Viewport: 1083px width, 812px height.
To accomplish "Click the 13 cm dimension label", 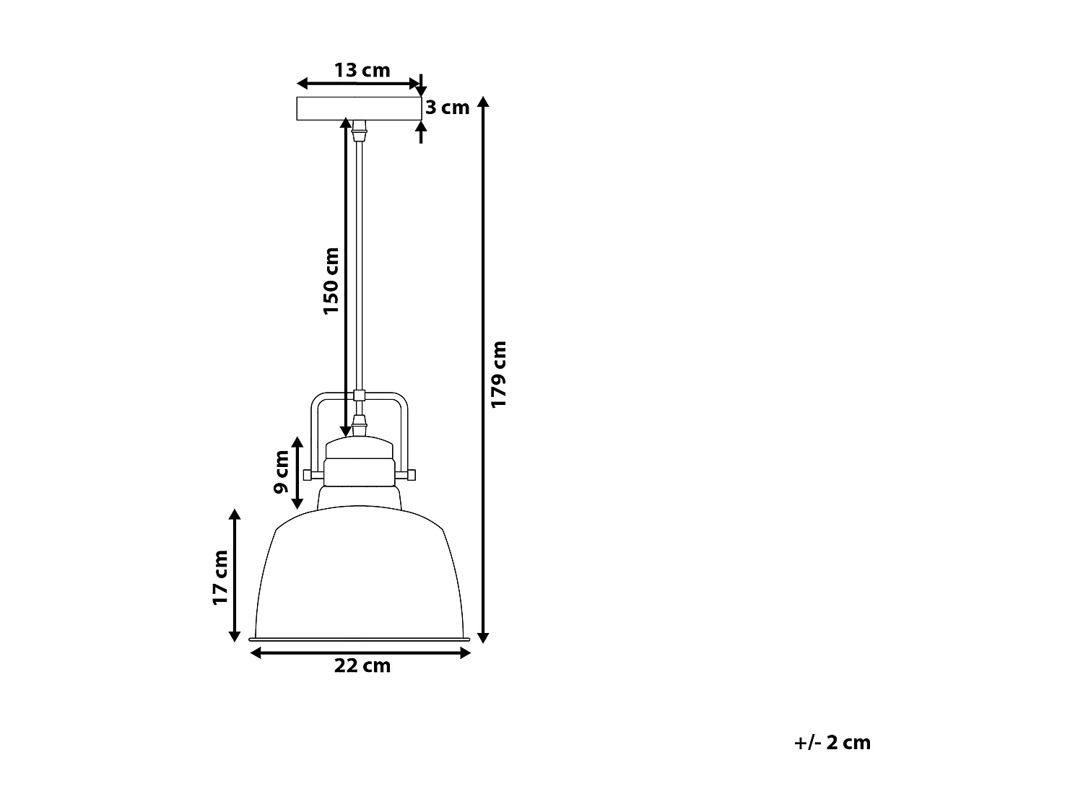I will pyautogui.click(x=362, y=70).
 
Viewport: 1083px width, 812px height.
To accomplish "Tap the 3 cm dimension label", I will pyautogui.click(x=447, y=108).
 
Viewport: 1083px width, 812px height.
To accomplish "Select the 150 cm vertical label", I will pyautogui.click(x=331, y=280).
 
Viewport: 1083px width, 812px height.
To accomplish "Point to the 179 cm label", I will pyautogui.click(x=499, y=374).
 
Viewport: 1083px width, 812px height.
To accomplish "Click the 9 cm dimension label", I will pyautogui.click(x=282, y=472).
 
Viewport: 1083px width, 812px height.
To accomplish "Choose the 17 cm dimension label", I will pyautogui.click(x=220, y=577).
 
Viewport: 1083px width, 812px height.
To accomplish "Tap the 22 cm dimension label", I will pyautogui.click(x=362, y=665).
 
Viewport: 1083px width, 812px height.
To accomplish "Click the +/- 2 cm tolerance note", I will pyautogui.click(x=832, y=743).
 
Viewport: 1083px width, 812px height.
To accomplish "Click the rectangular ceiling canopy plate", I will pyautogui.click(x=359, y=108).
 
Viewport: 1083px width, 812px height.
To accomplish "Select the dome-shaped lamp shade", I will pyautogui.click(x=360, y=577).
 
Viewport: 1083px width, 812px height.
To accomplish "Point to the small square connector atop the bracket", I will pyautogui.click(x=359, y=395).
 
